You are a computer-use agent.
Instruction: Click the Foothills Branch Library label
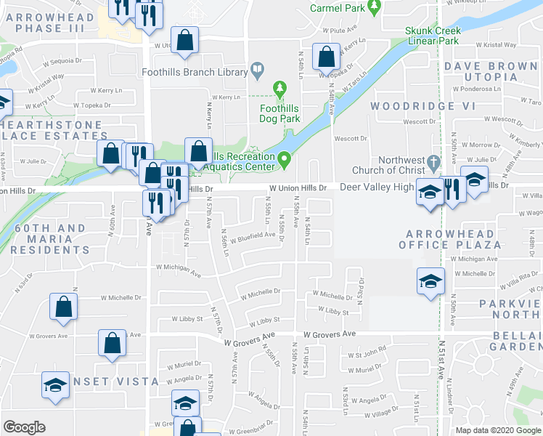(x=204, y=71)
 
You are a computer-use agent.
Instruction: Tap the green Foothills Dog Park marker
(x=280, y=89)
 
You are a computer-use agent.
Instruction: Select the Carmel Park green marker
(x=375, y=8)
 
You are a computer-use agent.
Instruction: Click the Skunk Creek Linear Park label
(x=432, y=36)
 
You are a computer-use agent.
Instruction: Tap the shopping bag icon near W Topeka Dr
(x=327, y=55)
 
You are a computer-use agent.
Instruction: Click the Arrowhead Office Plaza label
(x=453, y=239)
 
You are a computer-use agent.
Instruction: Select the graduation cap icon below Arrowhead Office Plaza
(x=430, y=280)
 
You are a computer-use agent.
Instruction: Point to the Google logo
(x=25, y=427)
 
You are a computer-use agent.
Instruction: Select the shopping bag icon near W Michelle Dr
(x=63, y=307)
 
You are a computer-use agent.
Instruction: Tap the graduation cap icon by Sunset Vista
(x=55, y=386)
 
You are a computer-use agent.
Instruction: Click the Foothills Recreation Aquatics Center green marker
(x=285, y=158)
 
